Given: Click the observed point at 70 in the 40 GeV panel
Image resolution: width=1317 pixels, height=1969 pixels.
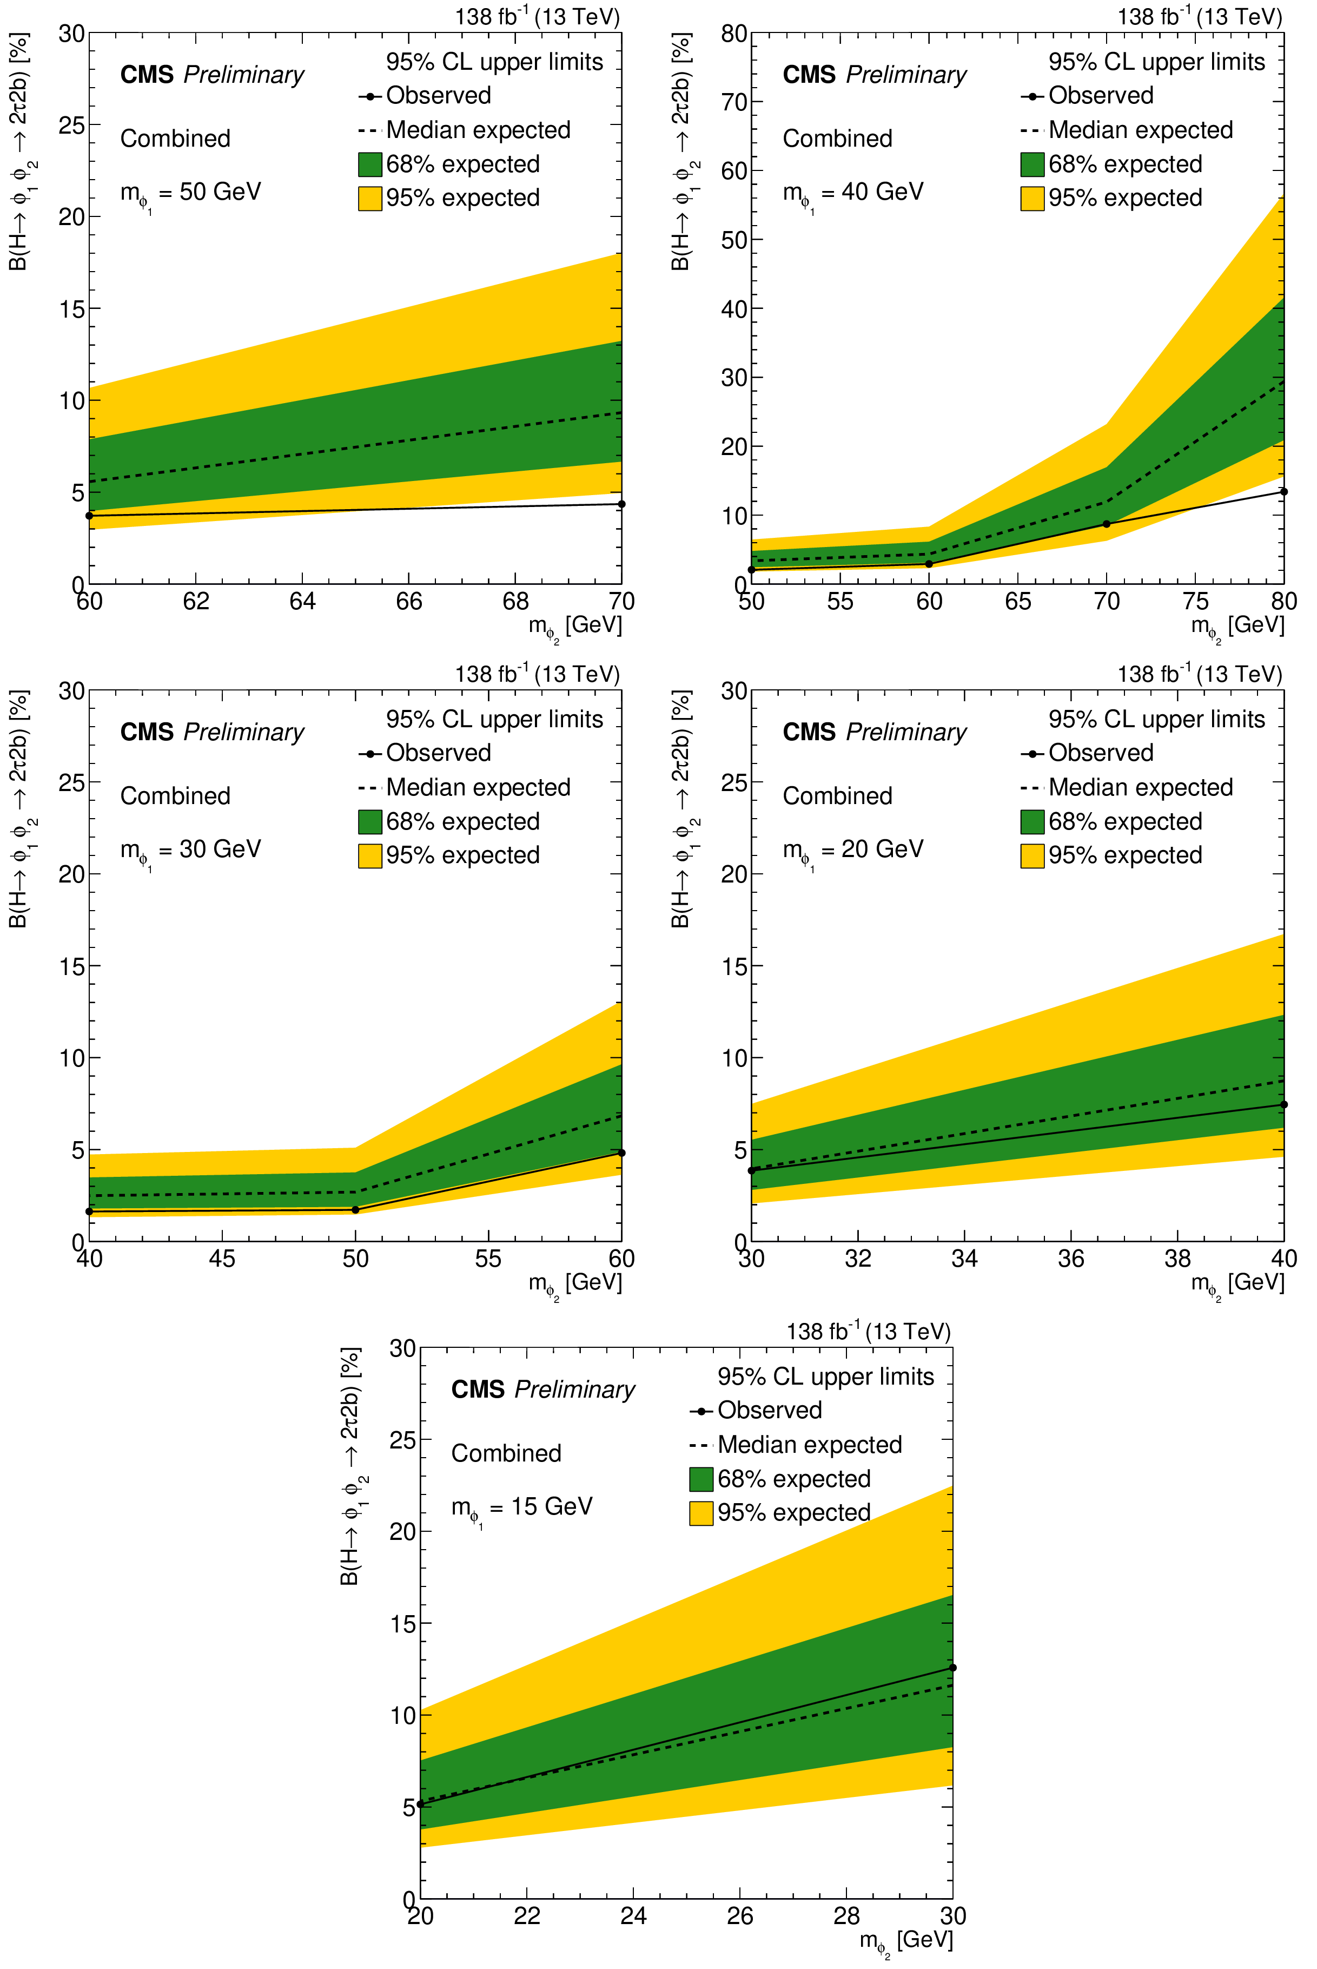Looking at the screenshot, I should pyautogui.click(x=1106, y=524).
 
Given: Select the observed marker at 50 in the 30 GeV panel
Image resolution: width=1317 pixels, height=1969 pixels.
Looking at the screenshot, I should pyautogui.click(x=355, y=1210).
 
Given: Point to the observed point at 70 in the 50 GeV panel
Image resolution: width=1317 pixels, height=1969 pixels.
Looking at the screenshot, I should pyautogui.click(x=621, y=504).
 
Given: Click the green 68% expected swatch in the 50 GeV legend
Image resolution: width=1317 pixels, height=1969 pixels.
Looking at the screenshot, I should pyautogui.click(x=369, y=164).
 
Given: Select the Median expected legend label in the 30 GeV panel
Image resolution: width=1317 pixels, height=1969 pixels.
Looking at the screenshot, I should pyautogui.click(x=478, y=787).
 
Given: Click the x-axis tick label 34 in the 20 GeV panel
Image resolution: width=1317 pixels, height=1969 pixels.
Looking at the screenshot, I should pyautogui.click(x=964, y=1259).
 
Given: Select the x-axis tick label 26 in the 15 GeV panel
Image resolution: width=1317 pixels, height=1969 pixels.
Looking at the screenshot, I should pyautogui.click(x=740, y=1916).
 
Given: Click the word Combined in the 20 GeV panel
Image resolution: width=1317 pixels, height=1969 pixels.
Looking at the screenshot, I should pyautogui.click(x=837, y=795).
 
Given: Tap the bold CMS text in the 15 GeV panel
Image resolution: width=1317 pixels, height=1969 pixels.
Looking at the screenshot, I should pyautogui.click(x=478, y=1390).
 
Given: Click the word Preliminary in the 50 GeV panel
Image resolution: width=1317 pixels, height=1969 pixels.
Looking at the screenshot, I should pyautogui.click(x=243, y=75).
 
